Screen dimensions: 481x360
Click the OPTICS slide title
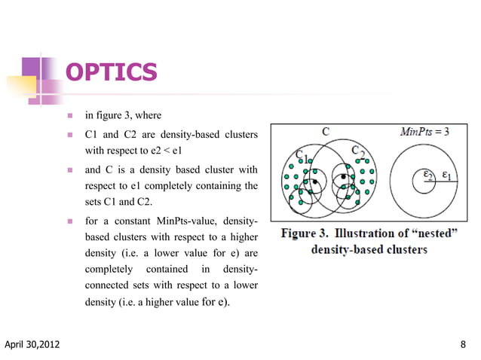point(112,72)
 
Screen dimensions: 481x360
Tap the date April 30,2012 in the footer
point(32,346)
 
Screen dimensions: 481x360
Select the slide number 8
point(462,346)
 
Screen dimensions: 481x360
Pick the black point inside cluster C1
point(314,181)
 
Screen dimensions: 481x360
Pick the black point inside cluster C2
point(345,178)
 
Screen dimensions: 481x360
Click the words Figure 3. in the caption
point(305,233)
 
